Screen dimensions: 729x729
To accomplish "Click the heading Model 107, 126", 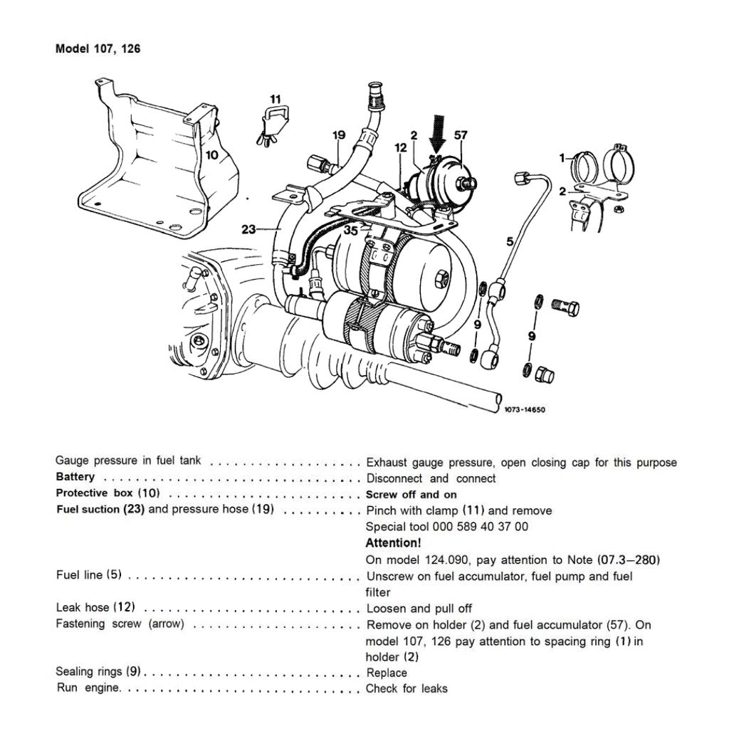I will pyautogui.click(x=103, y=49).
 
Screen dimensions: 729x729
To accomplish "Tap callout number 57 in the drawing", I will pyautogui.click(x=461, y=134).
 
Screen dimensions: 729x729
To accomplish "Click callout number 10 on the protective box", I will pyautogui.click(x=212, y=154).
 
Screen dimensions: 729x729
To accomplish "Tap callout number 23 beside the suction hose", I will pyautogui.click(x=248, y=229).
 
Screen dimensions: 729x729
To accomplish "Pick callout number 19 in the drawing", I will pyautogui.click(x=338, y=134).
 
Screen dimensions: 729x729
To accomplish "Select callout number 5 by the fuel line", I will pyautogui.click(x=510, y=242).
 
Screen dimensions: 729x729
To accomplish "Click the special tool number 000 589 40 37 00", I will pyautogui.click(x=447, y=527).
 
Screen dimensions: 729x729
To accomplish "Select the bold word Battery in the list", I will pyautogui.click(x=75, y=477).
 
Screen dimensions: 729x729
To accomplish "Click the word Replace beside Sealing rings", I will pyautogui.click(x=387, y=673).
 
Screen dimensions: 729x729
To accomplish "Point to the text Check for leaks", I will pyautogui.click(x=407, y=688).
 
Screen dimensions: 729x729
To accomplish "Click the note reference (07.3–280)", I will pyautogui.click(x=624, y=560).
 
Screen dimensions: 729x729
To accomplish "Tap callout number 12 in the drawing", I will pyautogui.click(x=401, y=147).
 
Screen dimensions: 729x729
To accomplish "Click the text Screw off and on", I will pyautogui.click(x=411, y=494).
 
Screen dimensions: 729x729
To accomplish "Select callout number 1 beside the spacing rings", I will pyautogui.click(x=562, y=157).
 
